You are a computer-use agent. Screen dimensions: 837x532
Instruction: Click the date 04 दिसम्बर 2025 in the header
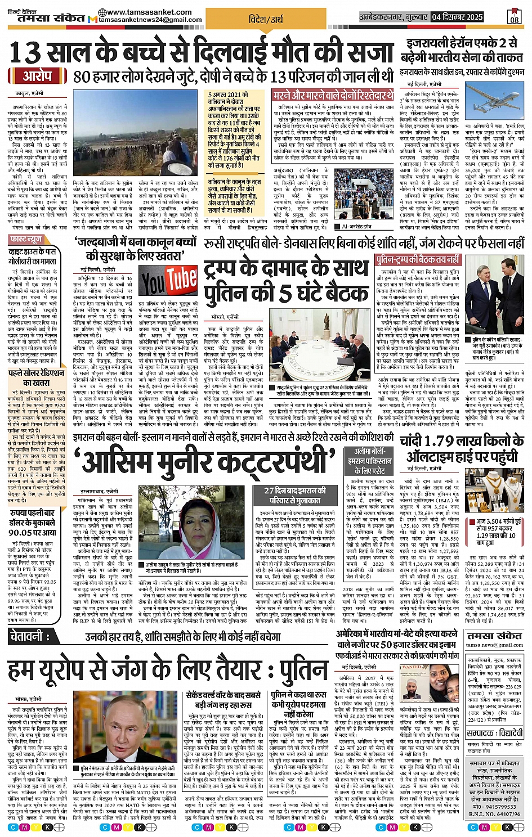coord(457,17)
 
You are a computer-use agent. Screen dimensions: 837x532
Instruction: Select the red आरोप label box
coord(37,76)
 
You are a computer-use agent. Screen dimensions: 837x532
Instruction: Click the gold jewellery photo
coord(494,493)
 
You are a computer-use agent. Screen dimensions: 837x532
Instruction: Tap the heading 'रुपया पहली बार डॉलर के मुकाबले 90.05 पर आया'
coord(33,523)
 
